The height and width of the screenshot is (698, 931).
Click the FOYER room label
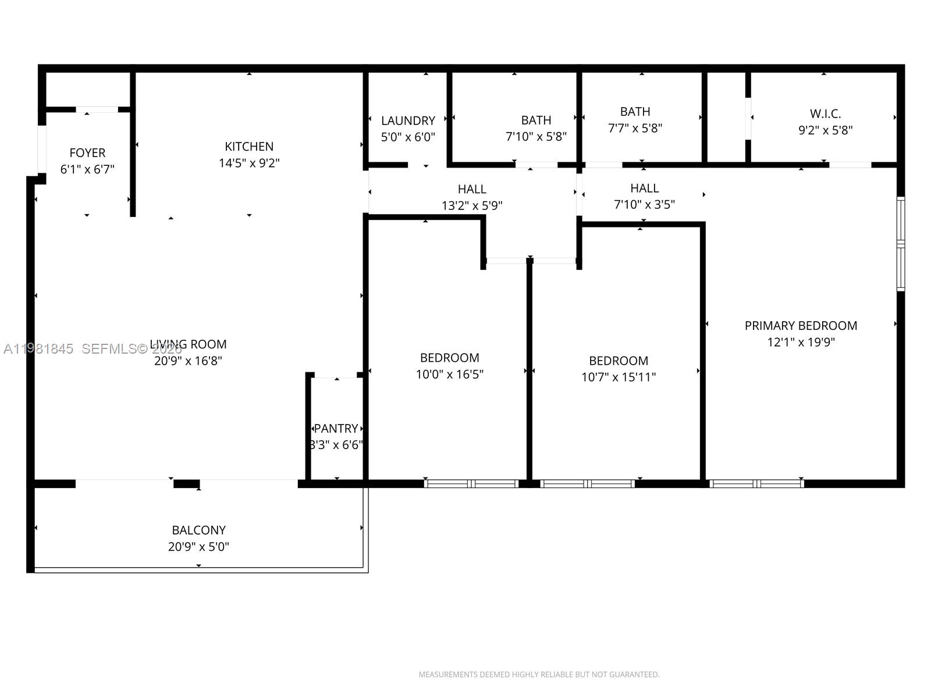[87, 153]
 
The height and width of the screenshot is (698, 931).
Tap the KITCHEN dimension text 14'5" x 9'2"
[249, 163]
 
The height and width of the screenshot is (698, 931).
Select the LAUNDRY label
[408, 121]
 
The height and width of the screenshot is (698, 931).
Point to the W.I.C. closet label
[825, 114]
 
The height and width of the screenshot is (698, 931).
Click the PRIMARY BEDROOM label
[801, 326]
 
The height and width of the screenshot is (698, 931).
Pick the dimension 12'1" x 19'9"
[801, 343]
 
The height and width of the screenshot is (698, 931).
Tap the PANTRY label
[336, 429]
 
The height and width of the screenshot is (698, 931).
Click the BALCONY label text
[198, 530]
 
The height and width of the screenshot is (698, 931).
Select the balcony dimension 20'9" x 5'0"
[198, 547]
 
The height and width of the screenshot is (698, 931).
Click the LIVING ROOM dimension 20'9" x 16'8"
[188, 361]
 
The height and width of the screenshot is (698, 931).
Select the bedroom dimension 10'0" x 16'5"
[449, 375]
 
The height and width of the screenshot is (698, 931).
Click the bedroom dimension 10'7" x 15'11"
[619, 377]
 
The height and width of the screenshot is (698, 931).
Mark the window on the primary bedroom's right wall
[900, 244]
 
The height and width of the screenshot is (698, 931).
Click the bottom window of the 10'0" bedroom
[471, 483]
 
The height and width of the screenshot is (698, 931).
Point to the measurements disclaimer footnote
[539, 675]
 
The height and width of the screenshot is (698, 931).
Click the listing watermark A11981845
[38, 349]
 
